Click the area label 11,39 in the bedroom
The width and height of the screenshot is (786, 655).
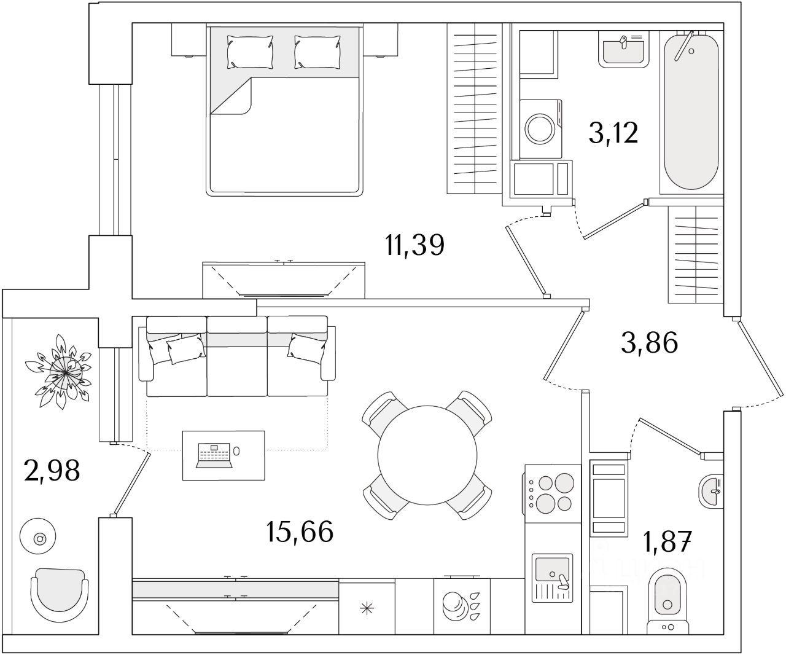pos(414,245)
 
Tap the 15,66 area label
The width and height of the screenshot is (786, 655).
pos(300,531)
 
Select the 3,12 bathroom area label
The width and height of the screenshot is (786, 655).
pos(613,133)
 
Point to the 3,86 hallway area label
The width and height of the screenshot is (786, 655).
pos(649,342)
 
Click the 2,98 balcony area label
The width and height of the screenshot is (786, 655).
pos(52,471)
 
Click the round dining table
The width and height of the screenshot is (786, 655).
pos(427,455)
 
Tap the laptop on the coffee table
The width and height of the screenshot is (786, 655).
pos(214,456)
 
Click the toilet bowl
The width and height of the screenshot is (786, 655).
pos(667,606)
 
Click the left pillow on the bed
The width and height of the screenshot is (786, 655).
pos(250,52)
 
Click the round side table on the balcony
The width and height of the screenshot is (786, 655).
pos(38,536)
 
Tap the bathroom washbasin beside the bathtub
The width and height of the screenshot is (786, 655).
pos(623,49)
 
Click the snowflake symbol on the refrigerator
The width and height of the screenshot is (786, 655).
pos(367,609)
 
